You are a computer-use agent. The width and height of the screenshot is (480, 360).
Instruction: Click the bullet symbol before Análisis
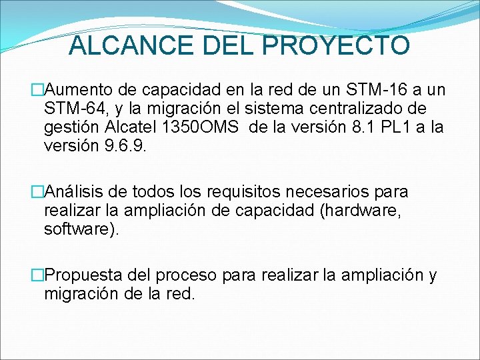coord(37,192)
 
